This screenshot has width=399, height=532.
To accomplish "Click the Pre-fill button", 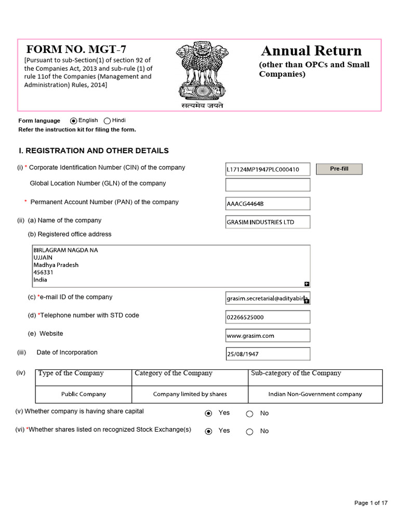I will pyautogui.click(x=339, y=169).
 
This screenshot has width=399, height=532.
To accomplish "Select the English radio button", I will pyautogui.click(x=74, y=121).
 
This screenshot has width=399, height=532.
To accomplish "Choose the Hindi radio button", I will pyautogui.click(x=108, y=121).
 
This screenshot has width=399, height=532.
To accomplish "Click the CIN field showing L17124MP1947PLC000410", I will pyautogui.click(x=268, y=169).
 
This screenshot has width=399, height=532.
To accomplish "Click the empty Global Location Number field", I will pyautogui.click(x=268, y=184).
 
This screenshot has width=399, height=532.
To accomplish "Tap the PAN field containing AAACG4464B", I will pyautogui.click(x=268, y=203).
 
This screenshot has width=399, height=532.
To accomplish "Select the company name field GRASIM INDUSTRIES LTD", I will pyautogui.click(x=268, y=222).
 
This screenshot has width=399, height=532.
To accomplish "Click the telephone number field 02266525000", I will pyautogui.click(x=268, y=317).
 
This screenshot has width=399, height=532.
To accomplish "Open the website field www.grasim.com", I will pyautogui.click(x=268, y=335).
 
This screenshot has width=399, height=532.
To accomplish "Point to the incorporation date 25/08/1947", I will pyautogui.click(x=268, y=354).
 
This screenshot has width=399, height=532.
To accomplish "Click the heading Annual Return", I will pyautogui.click(x=311, y=51).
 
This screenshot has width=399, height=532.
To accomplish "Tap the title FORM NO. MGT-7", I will pyautogui.click(x=76, y=49).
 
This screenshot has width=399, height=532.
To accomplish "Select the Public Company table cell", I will pyautogui.click(x=84, y=394).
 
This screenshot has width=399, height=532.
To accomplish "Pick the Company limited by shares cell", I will pyautogui.click(x=190, y=394).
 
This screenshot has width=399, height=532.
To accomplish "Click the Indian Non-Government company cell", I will pyautogui.click(x=315, y=394).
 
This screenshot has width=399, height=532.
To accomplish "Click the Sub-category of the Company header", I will pyautogui.click(x=296, y=373).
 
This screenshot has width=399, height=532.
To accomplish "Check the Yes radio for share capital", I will pyautogui.click(x=209, y=414).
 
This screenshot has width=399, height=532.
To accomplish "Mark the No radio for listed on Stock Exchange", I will pyautogui.click(x=249, y=431).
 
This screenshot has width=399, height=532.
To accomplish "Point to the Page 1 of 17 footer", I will pyautogui.click(x=371, y=502).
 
